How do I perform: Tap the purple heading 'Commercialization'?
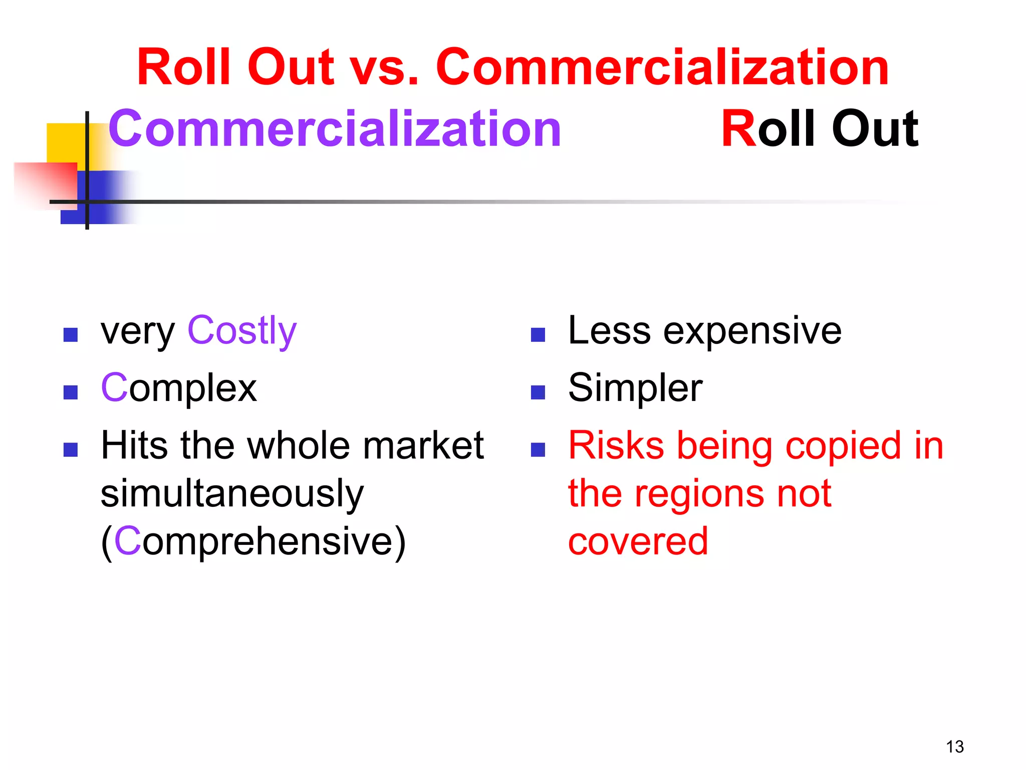click(335, 129)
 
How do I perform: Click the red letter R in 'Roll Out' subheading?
click(738, 129)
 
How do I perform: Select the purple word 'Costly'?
click(242, 331)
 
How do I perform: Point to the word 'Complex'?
click(179, 389)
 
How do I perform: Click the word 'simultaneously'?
click(232, 494)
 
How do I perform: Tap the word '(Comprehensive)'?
click(253, 542)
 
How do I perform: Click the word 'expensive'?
click(752, 332)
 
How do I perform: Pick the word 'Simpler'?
click(635, 389)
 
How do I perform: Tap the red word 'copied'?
click(844, 446)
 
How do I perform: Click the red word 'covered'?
click(638, 542)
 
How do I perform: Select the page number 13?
click(954, 747)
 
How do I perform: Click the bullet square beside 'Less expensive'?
click(538, 335)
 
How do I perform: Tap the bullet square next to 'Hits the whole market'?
click(71, 450)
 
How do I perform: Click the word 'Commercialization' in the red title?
click(662, 67)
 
